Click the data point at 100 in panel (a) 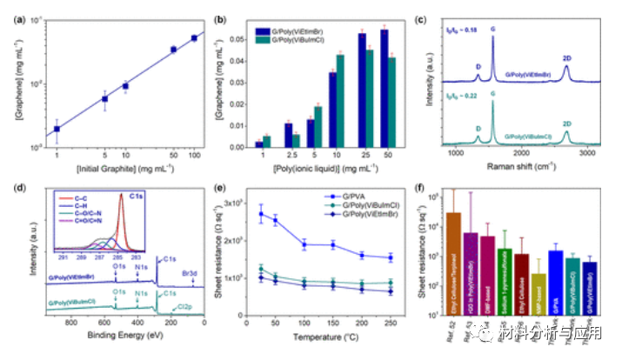[x=195, y=38]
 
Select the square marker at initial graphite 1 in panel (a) [x=57, y=129]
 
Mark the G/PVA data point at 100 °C [x=304, y=244]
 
